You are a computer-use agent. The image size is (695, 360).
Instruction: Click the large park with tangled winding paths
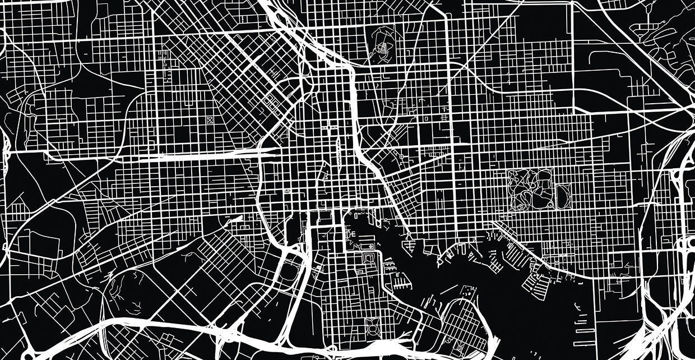[x=530, y=190]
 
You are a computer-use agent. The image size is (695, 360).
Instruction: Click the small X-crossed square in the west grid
[x=210, y=119]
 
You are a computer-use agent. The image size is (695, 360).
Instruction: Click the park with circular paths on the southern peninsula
[x=372, y=325]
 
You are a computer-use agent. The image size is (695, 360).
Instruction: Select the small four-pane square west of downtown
[x=289, y=192]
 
